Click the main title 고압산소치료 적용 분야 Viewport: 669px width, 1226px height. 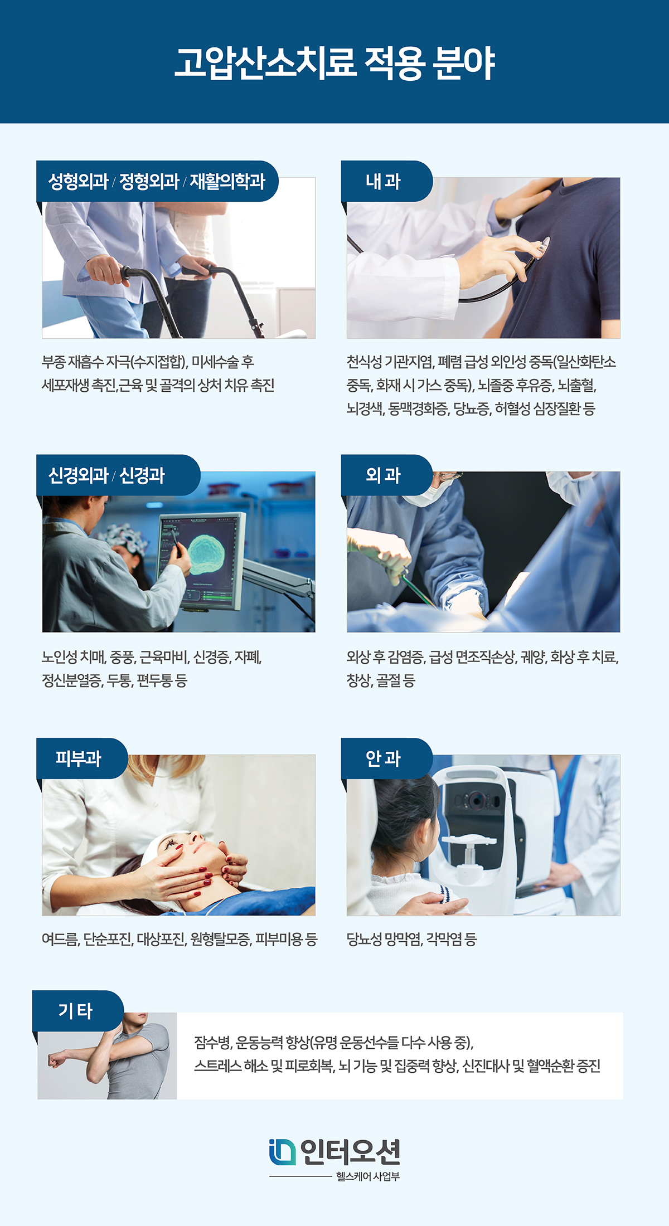click(x=334, y=62)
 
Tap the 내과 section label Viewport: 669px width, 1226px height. click(x=383, y=181)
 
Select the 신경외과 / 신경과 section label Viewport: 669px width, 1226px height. click(x=106, y=475)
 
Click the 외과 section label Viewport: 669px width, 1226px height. click(x=383, y=475)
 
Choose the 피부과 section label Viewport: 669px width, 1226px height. click(x=78, y=758)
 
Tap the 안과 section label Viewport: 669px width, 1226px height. click(x=383, y=758)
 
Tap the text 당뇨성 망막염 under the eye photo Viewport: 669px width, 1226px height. click(x=384, y=940)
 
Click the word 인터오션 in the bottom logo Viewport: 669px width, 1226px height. click(x=350, y=1152)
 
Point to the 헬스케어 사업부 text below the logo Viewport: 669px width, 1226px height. click(x=368, y=1176)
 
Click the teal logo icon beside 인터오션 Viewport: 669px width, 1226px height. click(x=282, y=1152)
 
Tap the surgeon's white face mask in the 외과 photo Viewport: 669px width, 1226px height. click(x=429, y=494)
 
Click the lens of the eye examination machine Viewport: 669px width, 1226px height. click(x=476, y=801)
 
